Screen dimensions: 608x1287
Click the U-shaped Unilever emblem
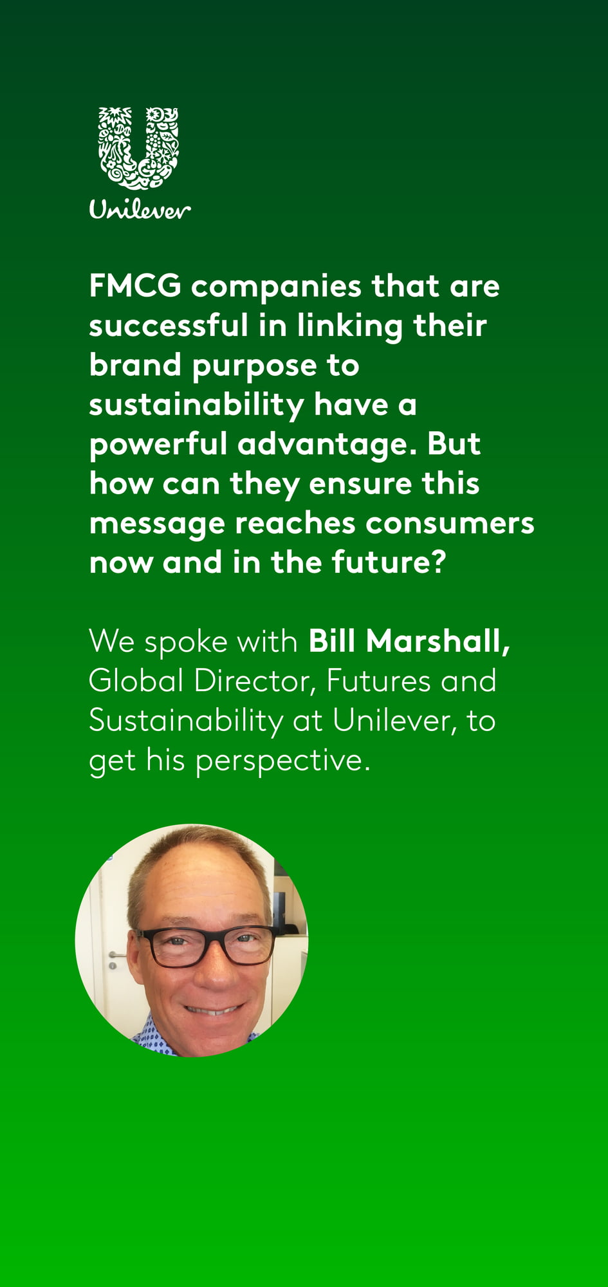click(138, 148)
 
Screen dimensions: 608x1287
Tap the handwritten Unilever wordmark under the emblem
click(140, 209)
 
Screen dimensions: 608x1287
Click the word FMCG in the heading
click(136, 286)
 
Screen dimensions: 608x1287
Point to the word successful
click(169, 325)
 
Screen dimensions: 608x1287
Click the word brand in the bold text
click(135, 365)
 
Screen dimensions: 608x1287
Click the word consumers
click(450, 524)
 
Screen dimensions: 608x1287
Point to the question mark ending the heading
click(438, 562)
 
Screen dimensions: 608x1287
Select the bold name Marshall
click(438, 642)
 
